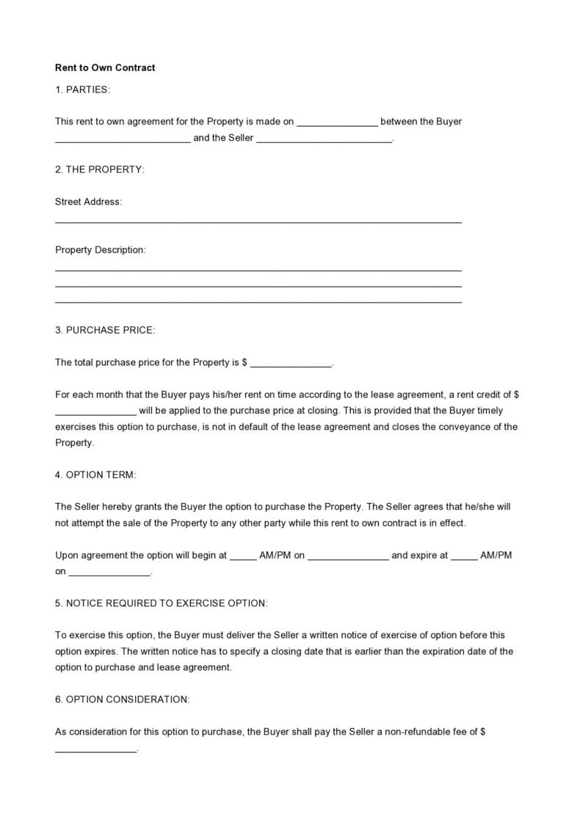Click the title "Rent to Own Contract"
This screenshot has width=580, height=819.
coord(105,68)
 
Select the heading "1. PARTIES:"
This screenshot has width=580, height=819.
coord(82,89)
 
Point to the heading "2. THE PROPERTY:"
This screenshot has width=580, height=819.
coord(100,169)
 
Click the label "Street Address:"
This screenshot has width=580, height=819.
coord(88,202)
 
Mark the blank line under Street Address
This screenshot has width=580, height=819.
coord(258,221)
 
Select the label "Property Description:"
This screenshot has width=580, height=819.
coord(101,250)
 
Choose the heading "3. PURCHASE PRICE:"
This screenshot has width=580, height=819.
coord(105,330)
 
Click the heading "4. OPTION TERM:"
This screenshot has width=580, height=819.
coord(95,475)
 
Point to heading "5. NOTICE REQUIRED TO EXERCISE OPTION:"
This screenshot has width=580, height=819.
coord(162,603)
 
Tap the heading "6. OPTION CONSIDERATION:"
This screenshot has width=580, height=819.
coord(122,699)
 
